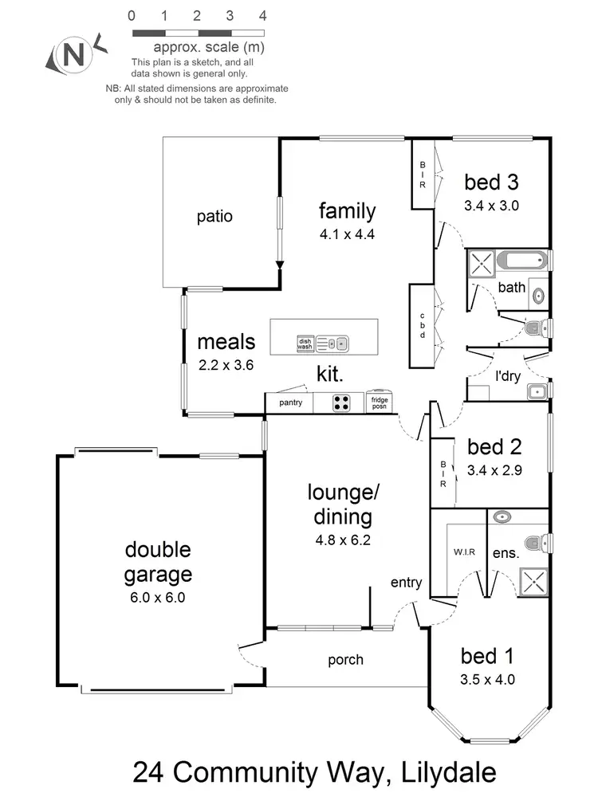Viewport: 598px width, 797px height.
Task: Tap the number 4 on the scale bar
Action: (x=263, y=16)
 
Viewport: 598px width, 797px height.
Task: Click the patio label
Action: (x=214, y=216)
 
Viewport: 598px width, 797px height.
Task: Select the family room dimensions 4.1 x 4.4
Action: (x=347, y=235)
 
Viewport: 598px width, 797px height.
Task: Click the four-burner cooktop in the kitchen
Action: (x=341, y=402)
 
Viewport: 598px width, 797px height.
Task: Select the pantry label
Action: (x=290, y=402)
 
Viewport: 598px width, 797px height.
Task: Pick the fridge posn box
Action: (x=380, y=402)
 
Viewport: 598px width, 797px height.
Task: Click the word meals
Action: (x=226, y=342)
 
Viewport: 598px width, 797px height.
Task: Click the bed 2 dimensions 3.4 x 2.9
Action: (x=494, y=469)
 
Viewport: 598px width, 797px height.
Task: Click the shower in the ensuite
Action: (x=533, y=582)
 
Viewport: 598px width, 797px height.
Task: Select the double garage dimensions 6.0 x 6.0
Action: (x=158, y=598)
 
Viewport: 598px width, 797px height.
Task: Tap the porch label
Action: (x=345, y=660)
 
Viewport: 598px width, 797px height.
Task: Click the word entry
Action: (x=406, y=583)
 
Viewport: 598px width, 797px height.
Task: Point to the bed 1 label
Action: (x=488, y=656)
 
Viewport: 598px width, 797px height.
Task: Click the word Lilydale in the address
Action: (x=436, y=773)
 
